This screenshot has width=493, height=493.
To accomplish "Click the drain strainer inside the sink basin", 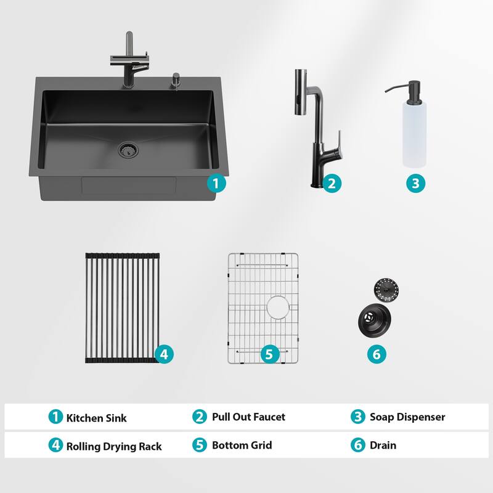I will pyautogui.click(x=129, y=149).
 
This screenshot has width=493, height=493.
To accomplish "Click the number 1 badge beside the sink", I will pyautogui.click(x=216, y=183).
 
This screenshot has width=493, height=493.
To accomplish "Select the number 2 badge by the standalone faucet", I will pyautogui.click(x=331, y=183).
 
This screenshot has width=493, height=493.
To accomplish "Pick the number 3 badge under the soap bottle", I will pyautogui.click(x=415, y=183).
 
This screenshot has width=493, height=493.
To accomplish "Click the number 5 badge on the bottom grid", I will pyautogui.click(x=269, y=354).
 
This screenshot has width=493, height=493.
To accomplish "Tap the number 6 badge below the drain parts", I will pyautogui.click(x=377, y=354).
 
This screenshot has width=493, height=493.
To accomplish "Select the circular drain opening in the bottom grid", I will pyautogui.click(x=279, y=306).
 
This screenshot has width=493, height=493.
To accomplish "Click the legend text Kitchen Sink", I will pyautogui.click(x=96, y=418).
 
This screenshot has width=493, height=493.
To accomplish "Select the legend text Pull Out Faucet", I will pyautogui.click(x=248, y=417).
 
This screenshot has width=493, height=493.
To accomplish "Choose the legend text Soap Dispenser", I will pyautogui.click(x=407, y=417).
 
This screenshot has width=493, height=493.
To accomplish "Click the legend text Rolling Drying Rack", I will pyautogui.click(x=114, y=446).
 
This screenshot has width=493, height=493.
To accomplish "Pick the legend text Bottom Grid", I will pyautogui.click(x=242, y=445).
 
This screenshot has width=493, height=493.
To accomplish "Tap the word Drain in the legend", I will pyautogui.click(x=383, y=445).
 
